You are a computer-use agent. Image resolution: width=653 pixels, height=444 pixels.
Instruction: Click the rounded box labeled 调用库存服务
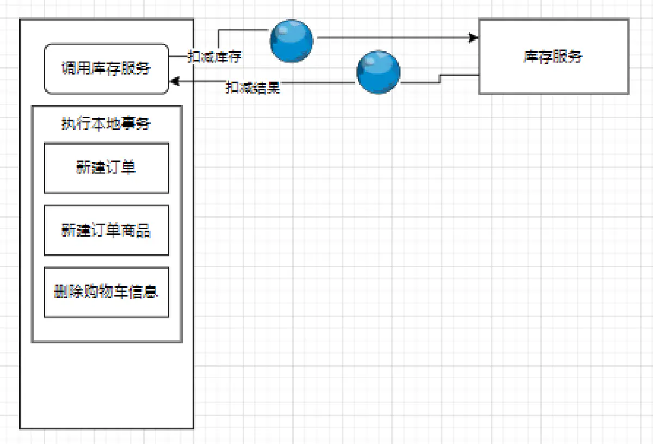click(107, 69)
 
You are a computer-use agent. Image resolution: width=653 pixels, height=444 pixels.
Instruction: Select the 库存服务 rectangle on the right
click(553, 57)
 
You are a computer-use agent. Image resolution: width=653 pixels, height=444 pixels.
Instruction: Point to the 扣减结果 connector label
click(253, 88)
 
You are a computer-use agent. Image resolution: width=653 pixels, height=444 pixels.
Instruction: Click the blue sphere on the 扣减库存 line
click(292, 41)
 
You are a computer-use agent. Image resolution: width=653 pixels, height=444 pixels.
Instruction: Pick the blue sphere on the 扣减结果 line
click(379, 72)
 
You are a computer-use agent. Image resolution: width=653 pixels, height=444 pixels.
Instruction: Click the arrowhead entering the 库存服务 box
click(474, 38)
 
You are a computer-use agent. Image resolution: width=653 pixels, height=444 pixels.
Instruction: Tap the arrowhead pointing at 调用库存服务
click(175, 82)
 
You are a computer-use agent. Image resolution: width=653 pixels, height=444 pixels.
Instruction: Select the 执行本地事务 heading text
click(106, 124)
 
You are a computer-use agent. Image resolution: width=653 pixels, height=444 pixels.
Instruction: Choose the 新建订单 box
click(107, 168)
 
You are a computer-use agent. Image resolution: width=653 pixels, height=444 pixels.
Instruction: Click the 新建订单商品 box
click(107, 230)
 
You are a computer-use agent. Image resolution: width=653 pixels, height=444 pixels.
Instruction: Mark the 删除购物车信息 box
click(107, 292)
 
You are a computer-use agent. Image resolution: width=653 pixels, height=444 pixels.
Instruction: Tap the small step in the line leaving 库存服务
click(440, 79)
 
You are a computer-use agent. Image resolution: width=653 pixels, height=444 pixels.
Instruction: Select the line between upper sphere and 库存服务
click(392, 38)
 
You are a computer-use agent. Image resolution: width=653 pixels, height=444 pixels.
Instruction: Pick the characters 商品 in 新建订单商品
click(140, 230)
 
